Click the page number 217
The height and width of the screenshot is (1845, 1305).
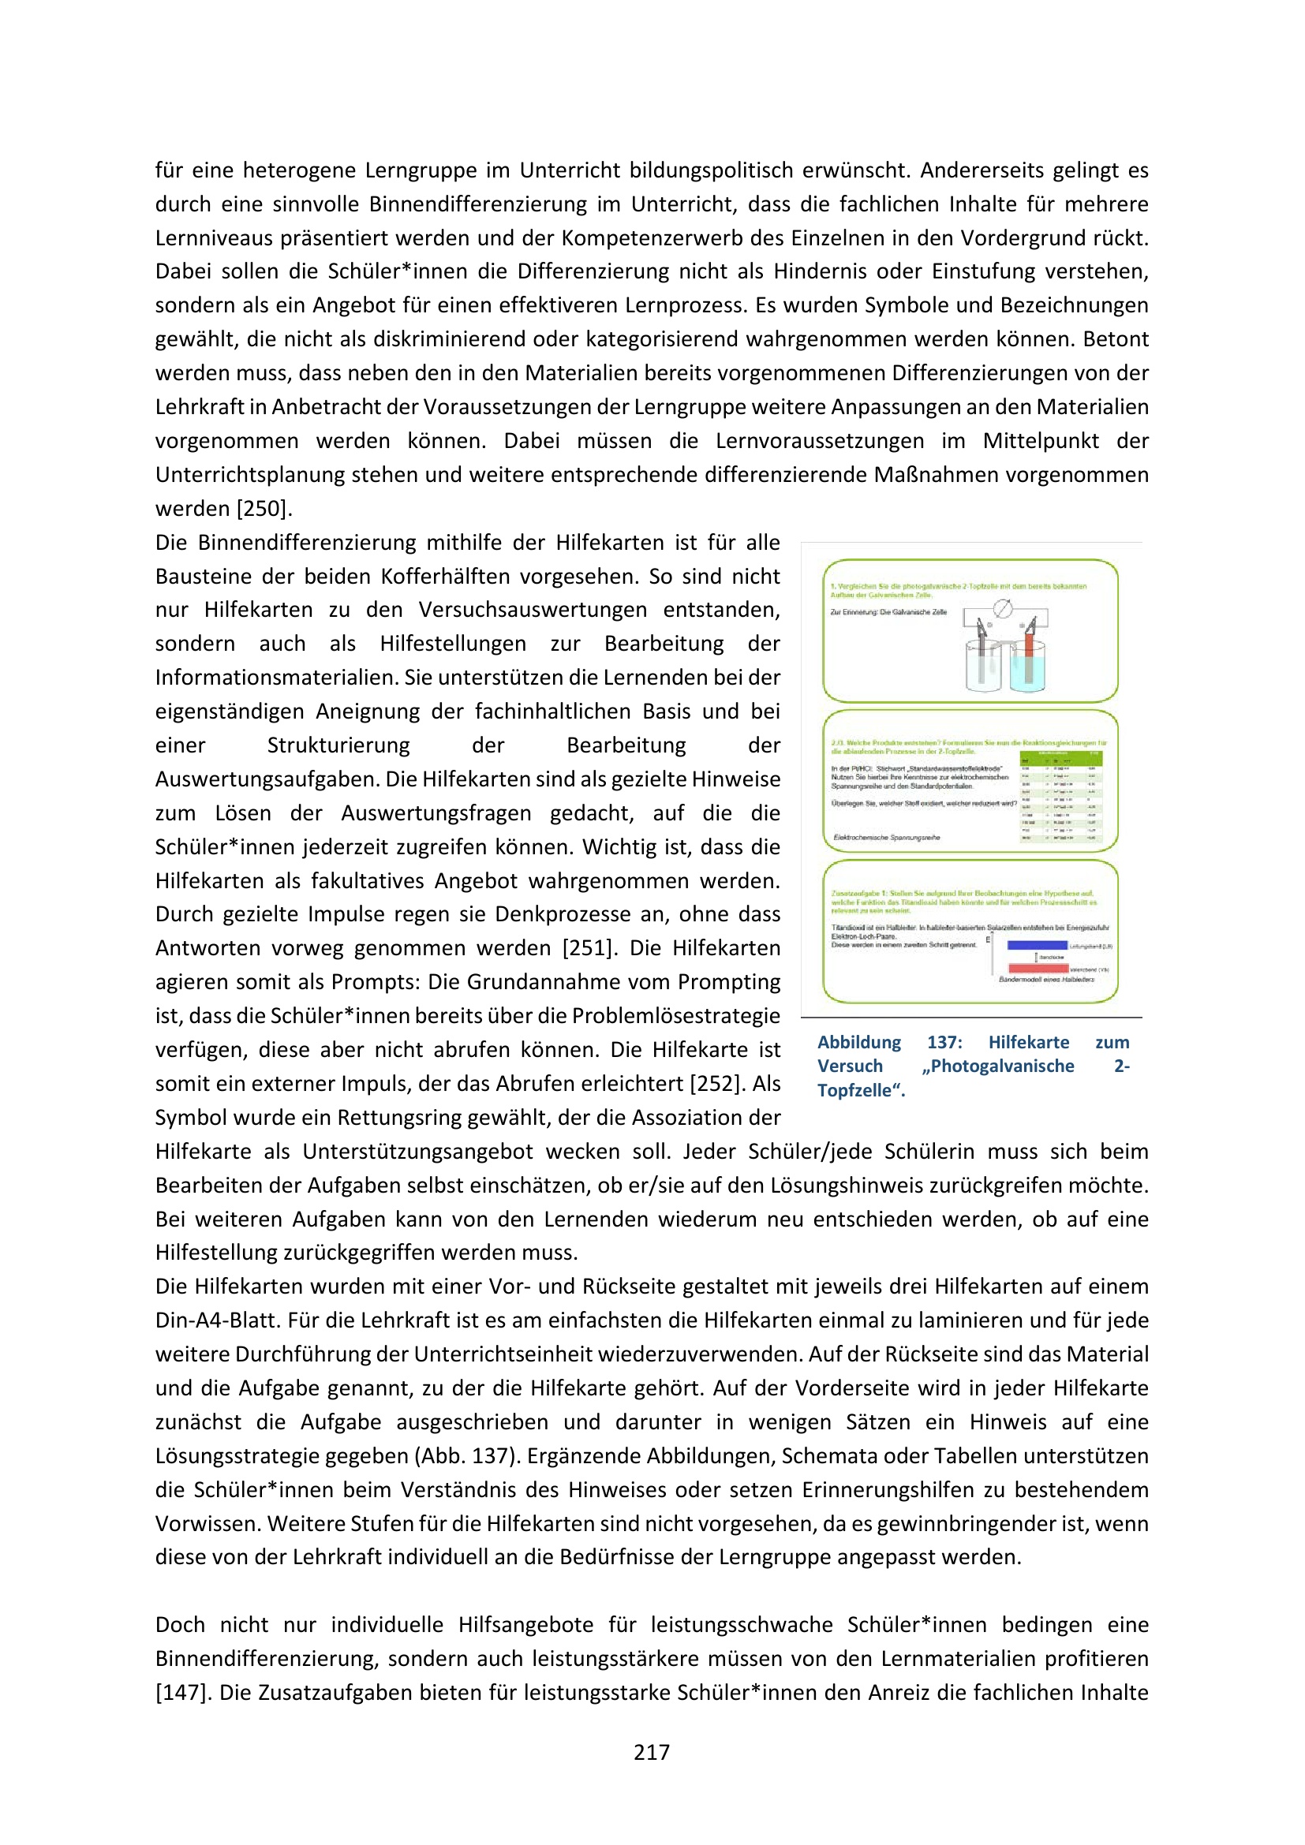(x=652, y=1753)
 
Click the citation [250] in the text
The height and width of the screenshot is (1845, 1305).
(x=264, y=509)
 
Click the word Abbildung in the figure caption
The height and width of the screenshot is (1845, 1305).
(x=859, y=1042)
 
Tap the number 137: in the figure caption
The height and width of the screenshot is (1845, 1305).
(x=944, y=1042)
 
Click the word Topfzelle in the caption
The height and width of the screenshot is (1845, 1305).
(x=858, y=1090)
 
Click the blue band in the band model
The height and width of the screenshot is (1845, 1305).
(x=1037, y=945)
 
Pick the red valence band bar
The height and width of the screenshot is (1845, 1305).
(x=1038, y=969)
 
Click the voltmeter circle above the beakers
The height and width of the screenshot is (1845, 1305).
(x=1003, y=608)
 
